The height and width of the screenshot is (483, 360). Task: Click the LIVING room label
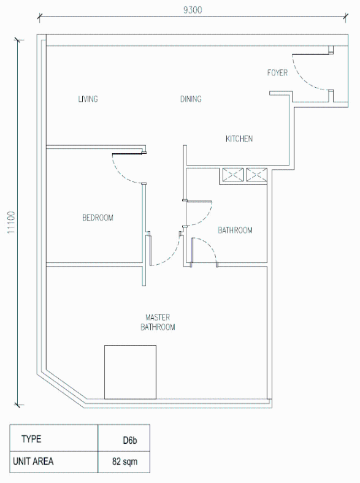(x=88, y=99)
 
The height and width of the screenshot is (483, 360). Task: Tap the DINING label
(x=191, y=99)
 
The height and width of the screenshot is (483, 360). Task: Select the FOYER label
(x=277, y=73)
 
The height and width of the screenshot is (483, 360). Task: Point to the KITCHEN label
(x=239, y=139)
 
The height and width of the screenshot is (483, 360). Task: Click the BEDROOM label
(x=98, y=218)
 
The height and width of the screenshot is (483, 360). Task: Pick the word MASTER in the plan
(x=158, y=318)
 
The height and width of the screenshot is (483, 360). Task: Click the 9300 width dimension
(x=193, y=10)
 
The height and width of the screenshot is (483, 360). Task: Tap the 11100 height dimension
(x=11, y=222)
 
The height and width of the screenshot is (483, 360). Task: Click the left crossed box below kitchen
(x=232, y=175)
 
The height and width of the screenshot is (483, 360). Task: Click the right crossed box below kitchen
(x=256, y=175)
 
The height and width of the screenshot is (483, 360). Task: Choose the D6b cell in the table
(x=130, y=440)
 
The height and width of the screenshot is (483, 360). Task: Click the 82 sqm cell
(x=124, y=462)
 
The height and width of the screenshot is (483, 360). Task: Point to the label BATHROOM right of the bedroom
(x=235, y=230)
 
